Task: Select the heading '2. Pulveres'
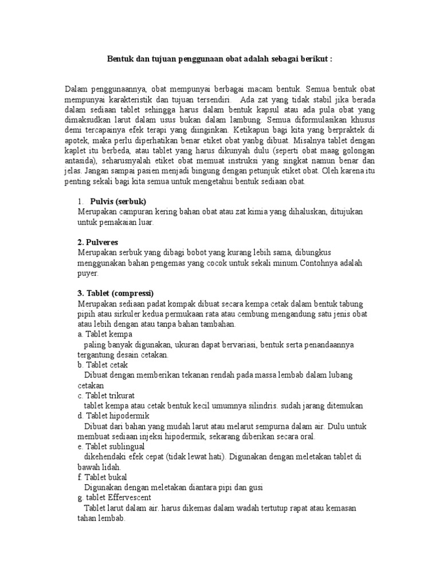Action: click(x=100, y=242)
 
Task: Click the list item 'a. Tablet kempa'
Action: click(x=105, y=334)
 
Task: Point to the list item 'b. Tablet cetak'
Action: click(x=103, y=365)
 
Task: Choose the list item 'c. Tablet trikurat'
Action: click(x=107, y=395)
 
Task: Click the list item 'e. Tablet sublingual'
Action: click(x=111, y=446)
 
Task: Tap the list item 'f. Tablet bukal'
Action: click(x=102, y=477)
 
